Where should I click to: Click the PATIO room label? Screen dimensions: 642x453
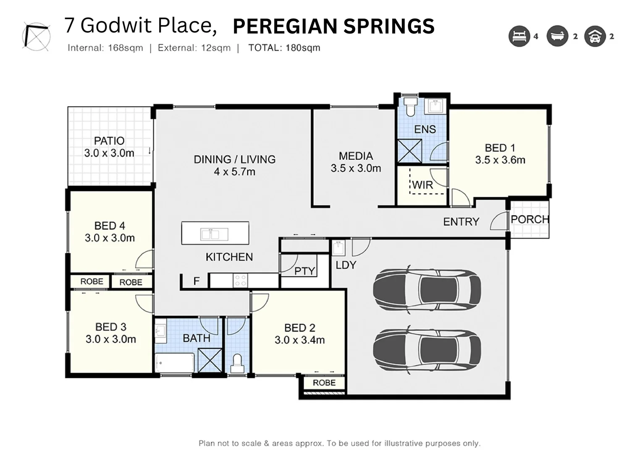(x=109, y=141)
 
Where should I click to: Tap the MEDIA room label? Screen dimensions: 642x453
(x=356, y=156)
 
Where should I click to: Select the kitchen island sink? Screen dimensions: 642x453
(x=215, y=234)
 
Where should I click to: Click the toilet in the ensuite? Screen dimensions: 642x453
(x=410, y=107)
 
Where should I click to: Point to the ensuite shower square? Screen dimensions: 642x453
(x=409, y=151)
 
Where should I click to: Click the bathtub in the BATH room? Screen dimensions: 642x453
(x=175, y=363)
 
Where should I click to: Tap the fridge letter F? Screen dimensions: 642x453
(x=197, y=281)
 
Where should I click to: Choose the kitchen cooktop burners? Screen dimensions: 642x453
(x=240, y=280)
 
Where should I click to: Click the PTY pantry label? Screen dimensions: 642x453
(x=305, y=271)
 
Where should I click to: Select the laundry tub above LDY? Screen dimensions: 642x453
(x=338, y=247)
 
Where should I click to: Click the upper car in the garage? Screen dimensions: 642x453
(x=427, y=290)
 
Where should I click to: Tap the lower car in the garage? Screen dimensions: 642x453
(x=427, y=350)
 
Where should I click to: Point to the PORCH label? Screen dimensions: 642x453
(x=530, y=220)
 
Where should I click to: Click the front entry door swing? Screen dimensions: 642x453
(x=498, y=221)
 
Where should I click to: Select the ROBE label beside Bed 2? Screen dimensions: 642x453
(x=324, y=383)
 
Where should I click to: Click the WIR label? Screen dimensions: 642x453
(x=423, y=185)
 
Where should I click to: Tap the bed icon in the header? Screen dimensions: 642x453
(x=519, y=36)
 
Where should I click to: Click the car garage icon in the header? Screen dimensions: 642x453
(x=595, y=36)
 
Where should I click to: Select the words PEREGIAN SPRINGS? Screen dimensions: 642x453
(x=334, y=26)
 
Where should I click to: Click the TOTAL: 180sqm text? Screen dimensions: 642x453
(x=284, y=48)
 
